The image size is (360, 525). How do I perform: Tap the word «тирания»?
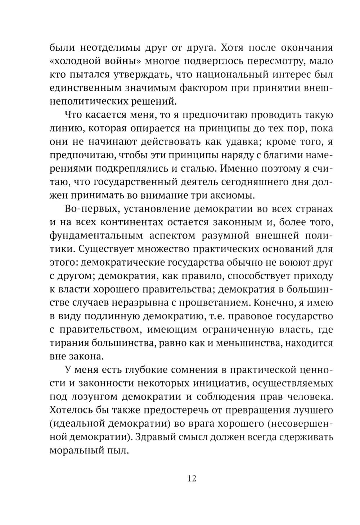point(69,343)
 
